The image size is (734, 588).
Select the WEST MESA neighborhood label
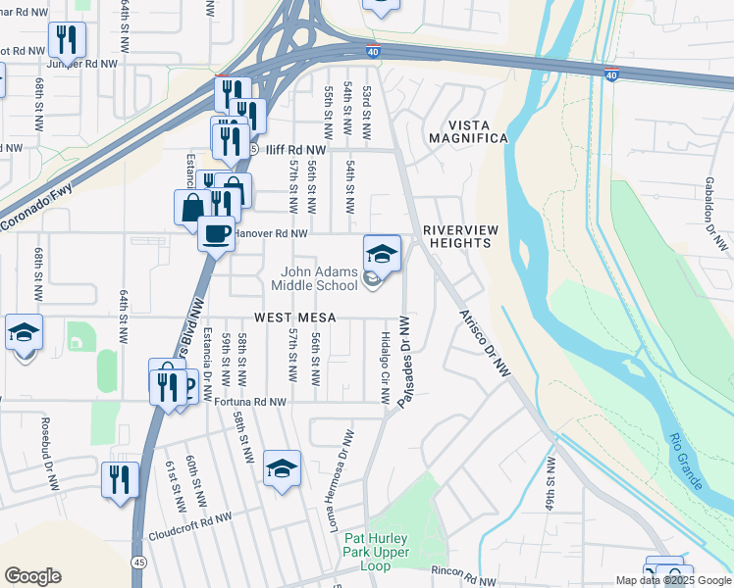(x=295, y=318)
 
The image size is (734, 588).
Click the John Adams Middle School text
(x=320, y=279)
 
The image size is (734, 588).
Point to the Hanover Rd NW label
(x=272, y=234)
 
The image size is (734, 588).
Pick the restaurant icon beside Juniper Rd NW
(x=67, y=40)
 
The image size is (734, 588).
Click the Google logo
(x=32, y=576)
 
